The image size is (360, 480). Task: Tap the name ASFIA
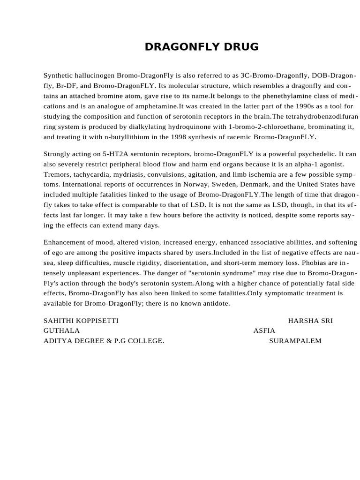pos(264,330)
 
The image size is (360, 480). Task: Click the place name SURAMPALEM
pos(295,341)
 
